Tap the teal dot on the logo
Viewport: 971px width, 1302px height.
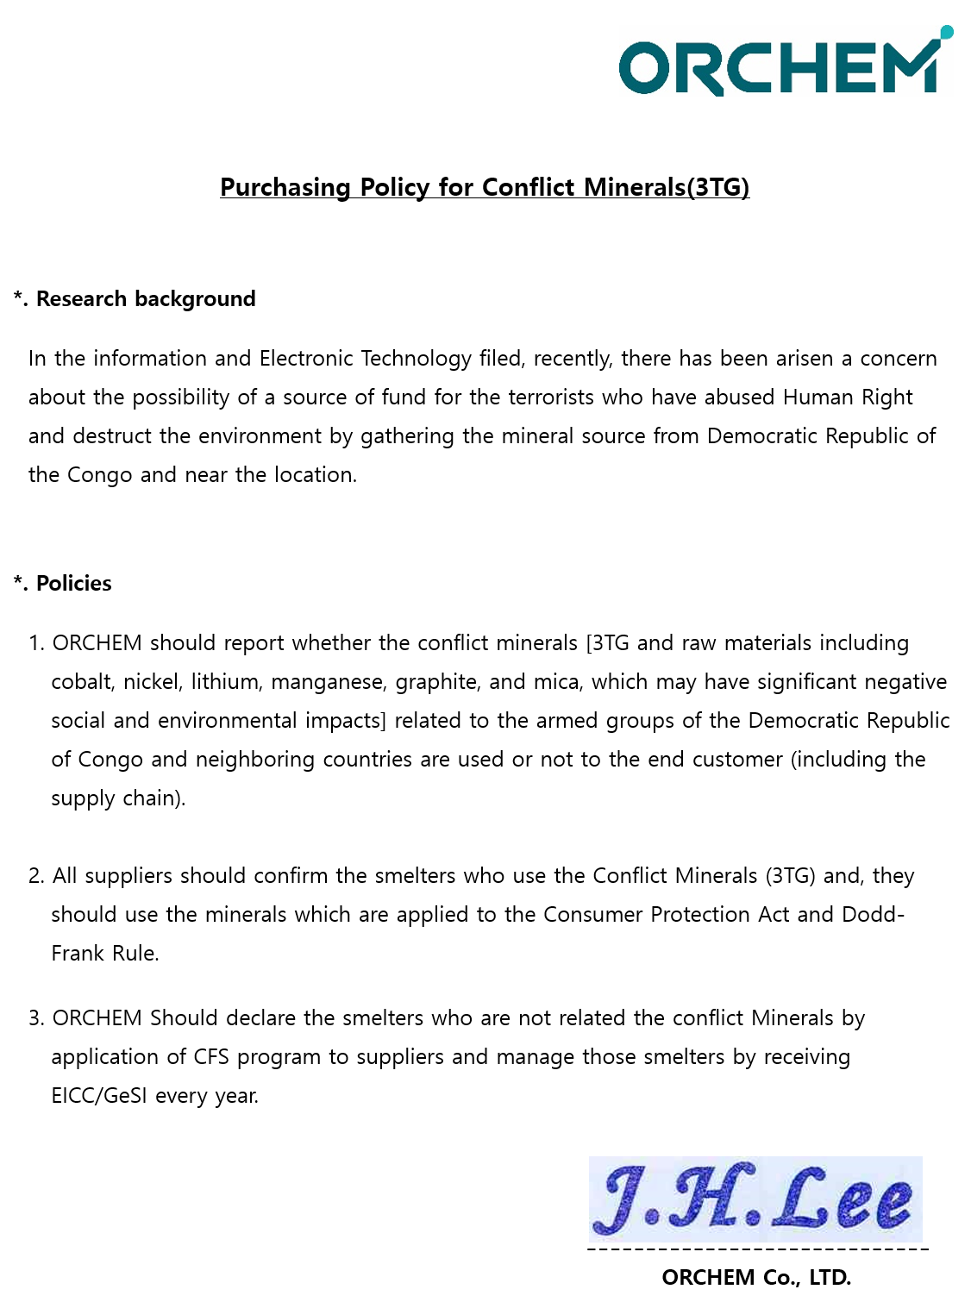coord(946,32)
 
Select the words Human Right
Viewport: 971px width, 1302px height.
coord(847,397)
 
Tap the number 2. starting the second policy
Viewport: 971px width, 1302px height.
coord(36,876)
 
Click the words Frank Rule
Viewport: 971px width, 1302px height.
coord(104,954)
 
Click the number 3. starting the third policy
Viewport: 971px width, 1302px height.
coord(36,1018)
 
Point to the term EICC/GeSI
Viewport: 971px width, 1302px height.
coord(99,1096)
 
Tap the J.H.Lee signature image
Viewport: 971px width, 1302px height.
coord(755,1199)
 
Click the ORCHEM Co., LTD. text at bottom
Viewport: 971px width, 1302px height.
coord(755,1277)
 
